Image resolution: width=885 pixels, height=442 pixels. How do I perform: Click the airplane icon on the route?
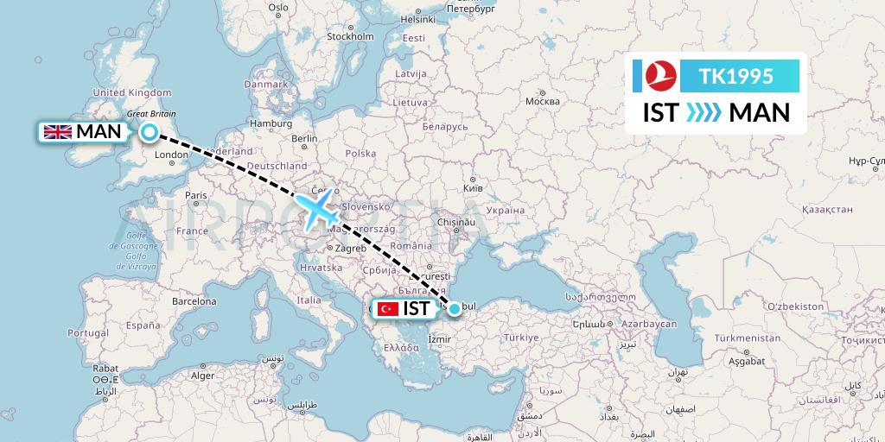point(318,210)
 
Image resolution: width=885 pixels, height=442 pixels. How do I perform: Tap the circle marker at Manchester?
point(150,132)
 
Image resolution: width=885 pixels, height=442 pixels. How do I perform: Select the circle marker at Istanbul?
point(455,307)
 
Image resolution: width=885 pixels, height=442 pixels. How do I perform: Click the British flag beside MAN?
point(58,132)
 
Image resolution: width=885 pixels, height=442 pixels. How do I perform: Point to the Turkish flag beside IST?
point(387,308)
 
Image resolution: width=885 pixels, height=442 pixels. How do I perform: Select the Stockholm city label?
point(350,37)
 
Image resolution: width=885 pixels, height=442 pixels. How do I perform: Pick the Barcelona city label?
point(194,302)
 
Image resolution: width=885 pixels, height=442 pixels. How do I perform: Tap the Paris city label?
point(196,195)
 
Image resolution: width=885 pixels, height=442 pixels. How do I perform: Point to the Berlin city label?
point(305,138)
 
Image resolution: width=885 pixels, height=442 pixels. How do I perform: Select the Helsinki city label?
point(417,19)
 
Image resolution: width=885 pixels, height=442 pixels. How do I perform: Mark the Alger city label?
point(201,376)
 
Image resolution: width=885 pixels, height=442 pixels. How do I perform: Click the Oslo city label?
point(277,7)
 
